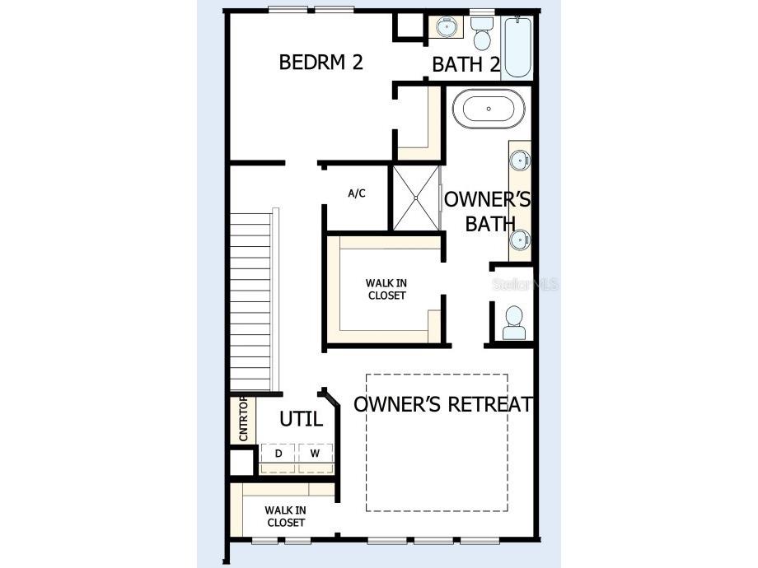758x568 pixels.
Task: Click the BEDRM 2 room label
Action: pos(321,63)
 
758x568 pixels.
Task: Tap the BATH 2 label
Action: pos(466,65)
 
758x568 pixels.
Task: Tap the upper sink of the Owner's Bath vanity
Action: pos(519,160)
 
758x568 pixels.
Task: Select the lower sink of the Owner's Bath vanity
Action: pos(519,240)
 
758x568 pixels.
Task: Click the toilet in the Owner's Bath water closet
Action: pos(514,322)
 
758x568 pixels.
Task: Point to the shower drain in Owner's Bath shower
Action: pos(416,198)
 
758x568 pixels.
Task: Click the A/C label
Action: pos(357,194)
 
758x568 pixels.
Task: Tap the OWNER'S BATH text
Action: pos(488,212)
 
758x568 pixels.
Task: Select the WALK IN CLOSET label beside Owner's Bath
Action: pos(386,289)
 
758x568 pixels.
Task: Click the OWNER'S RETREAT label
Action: pos(443,405)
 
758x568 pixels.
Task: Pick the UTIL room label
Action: pos(301,419)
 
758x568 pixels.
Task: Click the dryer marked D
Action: pos(278,454)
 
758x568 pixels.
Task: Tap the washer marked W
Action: pos(315,454)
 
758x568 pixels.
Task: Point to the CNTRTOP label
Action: pos(244,419)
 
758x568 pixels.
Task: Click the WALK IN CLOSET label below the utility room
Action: pos(285,516)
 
